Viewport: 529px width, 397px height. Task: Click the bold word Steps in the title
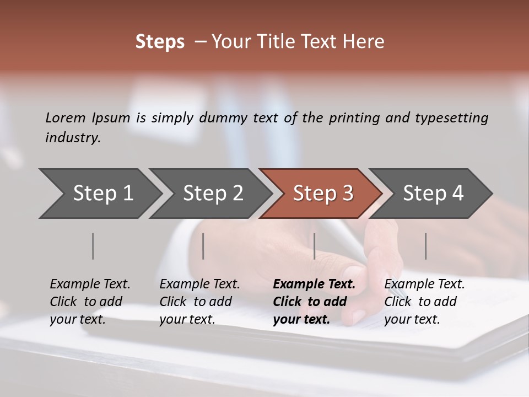pos(160,42)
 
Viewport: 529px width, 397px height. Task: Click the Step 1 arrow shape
pos(102,194)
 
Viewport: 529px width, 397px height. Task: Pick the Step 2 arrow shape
pos(213,194)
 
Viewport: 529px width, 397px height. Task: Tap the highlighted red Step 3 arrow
pos(323,194)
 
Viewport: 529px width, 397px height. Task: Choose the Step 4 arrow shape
pos(433,194)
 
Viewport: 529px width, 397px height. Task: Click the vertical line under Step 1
pos(93,246)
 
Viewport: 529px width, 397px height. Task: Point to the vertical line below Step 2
pos(203,246)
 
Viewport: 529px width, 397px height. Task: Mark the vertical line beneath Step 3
pos(314,246)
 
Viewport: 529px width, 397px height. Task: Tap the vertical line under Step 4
pos(425,246)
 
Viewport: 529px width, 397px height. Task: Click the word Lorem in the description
pos(66,117)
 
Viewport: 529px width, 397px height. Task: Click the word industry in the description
pos(73,137)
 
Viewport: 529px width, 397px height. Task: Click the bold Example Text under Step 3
pos(314,284)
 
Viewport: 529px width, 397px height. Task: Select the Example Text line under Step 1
pos(90,284)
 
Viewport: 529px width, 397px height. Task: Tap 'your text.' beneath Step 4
pos(412,319)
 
